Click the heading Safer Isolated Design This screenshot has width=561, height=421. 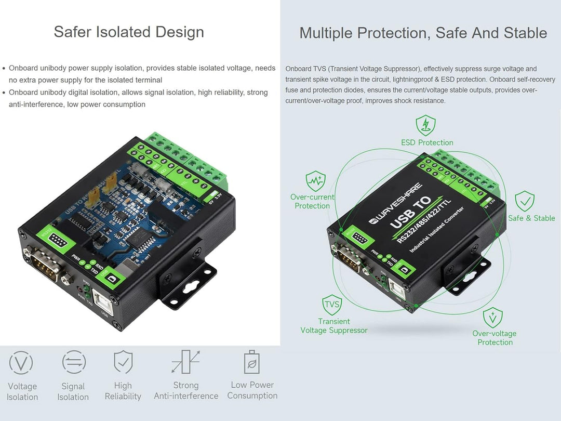point(129,32)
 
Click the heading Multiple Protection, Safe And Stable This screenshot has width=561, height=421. point(423,33)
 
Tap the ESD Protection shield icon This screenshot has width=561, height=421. point(425,126)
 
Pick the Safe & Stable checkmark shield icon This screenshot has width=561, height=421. point(525,201)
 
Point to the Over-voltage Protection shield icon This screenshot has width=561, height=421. point(492,317)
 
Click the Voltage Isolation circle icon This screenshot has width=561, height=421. point(21,363)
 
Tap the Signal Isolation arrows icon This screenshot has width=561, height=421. point(74,362)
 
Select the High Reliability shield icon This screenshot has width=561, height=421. point(123,362)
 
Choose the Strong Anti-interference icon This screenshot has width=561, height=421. point(185,362)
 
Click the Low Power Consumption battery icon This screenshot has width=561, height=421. point(252,362)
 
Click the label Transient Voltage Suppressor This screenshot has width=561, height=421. point(333,326)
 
